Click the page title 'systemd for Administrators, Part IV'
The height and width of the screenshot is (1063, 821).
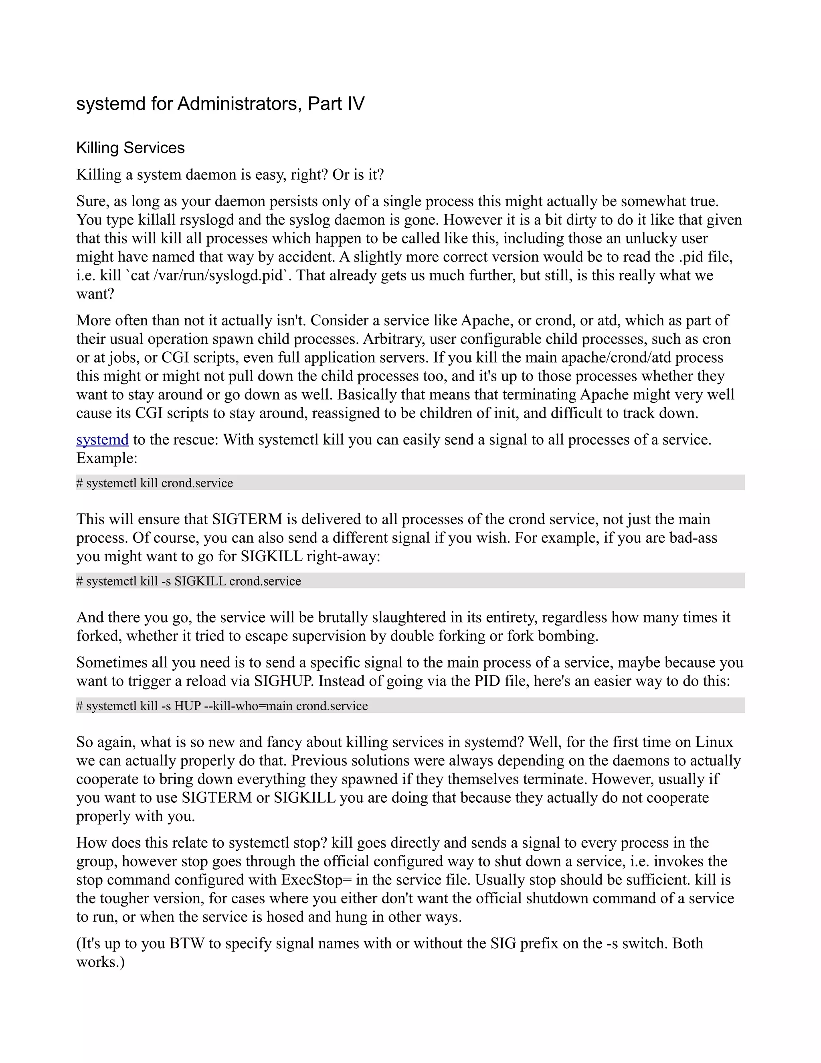(220, 103)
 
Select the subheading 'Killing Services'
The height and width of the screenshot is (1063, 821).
(130, 148)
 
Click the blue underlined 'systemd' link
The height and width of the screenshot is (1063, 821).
(102, 440)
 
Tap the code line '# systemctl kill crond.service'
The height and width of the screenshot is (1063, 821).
(155, 483)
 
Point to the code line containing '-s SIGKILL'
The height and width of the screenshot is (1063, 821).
(189, 581)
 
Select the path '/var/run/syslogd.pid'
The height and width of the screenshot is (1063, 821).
(221, 276)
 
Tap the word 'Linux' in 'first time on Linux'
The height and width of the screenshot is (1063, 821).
(714, 742)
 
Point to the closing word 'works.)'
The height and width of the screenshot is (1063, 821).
(101, 962)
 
